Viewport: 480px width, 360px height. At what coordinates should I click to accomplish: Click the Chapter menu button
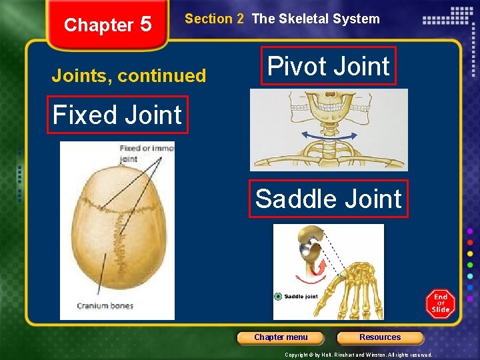[x=281, y=337]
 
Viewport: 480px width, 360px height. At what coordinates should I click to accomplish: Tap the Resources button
[x=380, y=337]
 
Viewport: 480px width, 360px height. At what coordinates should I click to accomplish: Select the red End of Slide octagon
[x=441, y=304]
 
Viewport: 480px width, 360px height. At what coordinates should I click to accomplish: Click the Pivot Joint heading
[x=329, y=66]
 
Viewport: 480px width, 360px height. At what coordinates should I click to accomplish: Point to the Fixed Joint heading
[x=117, y=115]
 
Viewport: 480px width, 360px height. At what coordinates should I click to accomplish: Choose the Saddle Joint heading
[x=328, y=199]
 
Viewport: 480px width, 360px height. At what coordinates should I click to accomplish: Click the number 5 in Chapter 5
[x=145, y=25]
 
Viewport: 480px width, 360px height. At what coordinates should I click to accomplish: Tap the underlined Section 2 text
[x=214, y=19]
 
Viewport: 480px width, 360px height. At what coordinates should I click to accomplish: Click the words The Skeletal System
[x=315, y=19]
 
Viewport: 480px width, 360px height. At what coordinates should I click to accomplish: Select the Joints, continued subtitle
[x=129, y=76]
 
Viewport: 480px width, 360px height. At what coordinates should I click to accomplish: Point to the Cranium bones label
[x=105, y=306]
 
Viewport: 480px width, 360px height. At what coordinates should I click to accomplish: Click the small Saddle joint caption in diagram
[x=301, y=296]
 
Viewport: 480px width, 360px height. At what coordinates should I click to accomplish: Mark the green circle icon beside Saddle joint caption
[x=278, y=296]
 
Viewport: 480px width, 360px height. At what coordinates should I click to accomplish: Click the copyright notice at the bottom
[x=358, y=355]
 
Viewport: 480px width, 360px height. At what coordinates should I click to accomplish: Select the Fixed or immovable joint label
[x=146, y=153]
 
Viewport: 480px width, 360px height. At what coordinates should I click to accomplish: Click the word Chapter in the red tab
[x=99, y=25]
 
